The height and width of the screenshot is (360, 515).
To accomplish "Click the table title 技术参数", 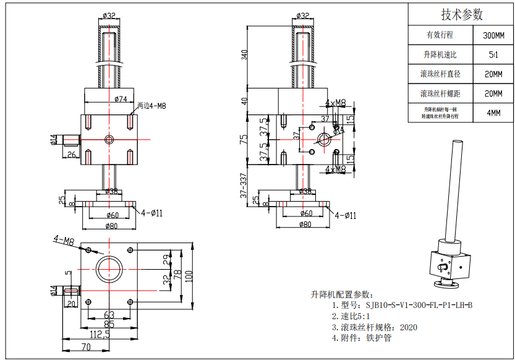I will [x=461, y=14].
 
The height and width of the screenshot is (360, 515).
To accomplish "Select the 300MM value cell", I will [x=493, y=35].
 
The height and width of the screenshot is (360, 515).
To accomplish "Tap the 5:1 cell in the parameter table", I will [x=493, y=55].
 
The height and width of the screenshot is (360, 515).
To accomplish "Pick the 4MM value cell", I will [x=493, y=113].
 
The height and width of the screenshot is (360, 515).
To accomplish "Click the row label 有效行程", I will [x=440, y=35].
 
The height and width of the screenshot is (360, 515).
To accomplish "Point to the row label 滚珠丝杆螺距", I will [x=440, y=93].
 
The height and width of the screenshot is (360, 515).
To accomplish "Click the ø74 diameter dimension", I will [x=121, y=98].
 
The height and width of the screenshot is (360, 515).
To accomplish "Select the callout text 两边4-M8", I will [x=151, y=106].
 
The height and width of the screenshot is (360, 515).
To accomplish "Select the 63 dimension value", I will [x=109, y=315].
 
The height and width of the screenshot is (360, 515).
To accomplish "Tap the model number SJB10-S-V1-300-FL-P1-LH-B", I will [x=419, y=305].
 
